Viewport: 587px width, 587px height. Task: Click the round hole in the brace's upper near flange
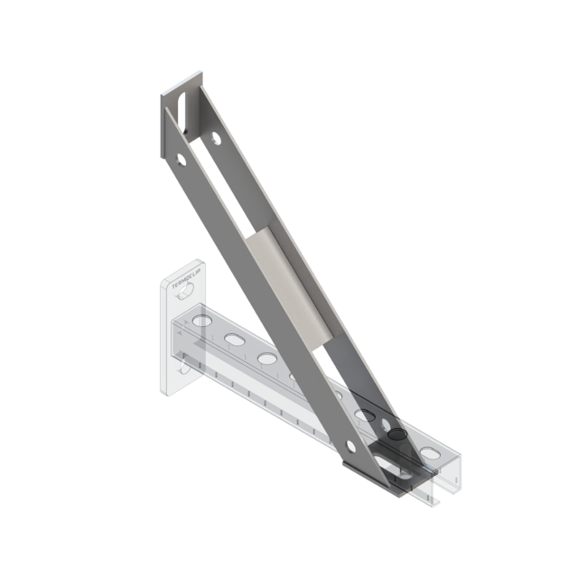coord(181,160)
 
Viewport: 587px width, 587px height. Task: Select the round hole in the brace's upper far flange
coord(215,139)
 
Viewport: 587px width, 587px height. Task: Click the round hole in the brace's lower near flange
coord(351,444)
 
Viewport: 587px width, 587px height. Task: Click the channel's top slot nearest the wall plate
coord(201,321)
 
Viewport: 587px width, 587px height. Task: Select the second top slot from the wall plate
coord(233,340)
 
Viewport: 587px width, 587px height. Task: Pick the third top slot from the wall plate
coord(266,359)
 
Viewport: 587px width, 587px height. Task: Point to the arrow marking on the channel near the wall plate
coord(186,321)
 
